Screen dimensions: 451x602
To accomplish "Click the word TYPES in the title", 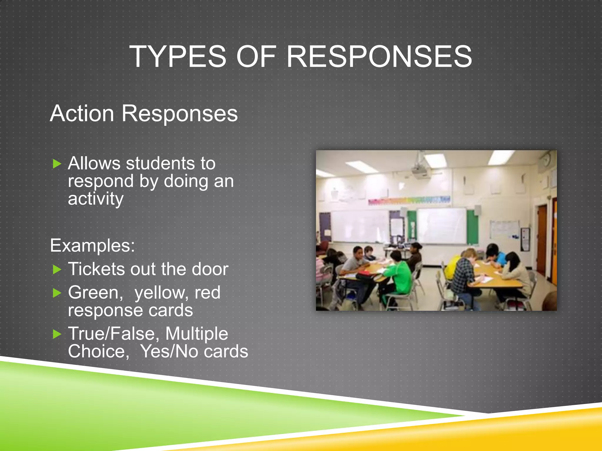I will [x=178, y=56].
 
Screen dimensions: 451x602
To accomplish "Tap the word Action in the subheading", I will [x=82, y=113].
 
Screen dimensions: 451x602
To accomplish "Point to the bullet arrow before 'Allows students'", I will [x=57, y=164].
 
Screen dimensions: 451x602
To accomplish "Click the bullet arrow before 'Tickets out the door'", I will [x=57, y=270].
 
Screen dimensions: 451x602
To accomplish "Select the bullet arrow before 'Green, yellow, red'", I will [x=57, y=293].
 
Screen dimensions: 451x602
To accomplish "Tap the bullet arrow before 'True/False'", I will [x=57, y=334].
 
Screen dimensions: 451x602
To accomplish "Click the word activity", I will [x=96, y=199].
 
